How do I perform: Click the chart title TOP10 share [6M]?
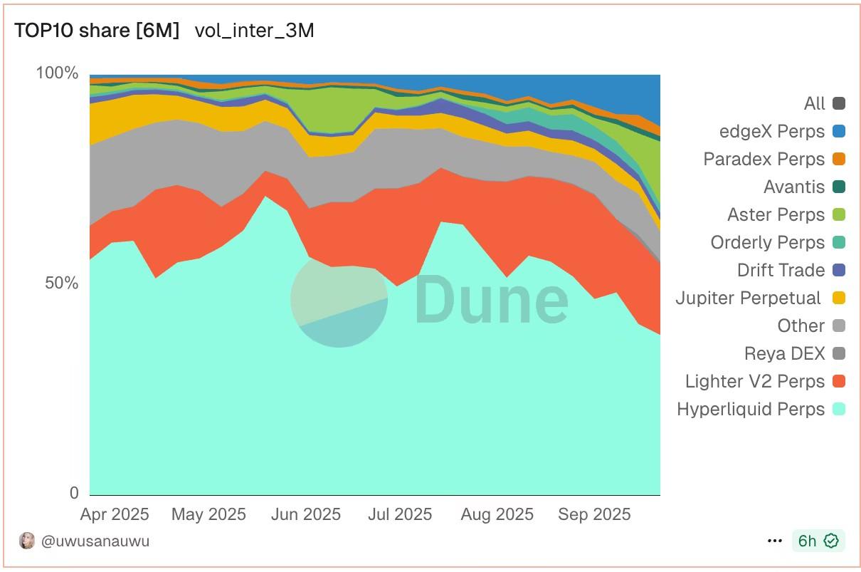(x=97, y=31)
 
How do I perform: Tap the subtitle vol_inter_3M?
(x=254, y=31)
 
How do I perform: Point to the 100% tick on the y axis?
(x=57, y=73)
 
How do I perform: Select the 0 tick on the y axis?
(x=73, y=493)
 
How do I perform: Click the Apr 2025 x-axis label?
(x=115, y=514)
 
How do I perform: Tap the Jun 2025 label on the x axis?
(x=306, y=514)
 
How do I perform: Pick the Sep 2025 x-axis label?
(x=594, y=514)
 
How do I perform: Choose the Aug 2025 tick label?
(x=497, y=514)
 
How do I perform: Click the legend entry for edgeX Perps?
(x=772, y=132)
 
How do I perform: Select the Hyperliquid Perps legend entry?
(x=751, y=410)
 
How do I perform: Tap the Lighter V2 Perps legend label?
(x=755, y=382)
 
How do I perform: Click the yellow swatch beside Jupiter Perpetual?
(x=839, y=298)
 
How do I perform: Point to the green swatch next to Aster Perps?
(x=839, y=215)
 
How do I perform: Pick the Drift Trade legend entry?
(x=781, y=271)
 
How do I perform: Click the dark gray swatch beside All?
(x=839, y=104)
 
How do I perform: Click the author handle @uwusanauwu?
(x=95, y=541)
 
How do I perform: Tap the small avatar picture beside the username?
(x=27, y=541)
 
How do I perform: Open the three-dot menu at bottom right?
(x=775, y=541)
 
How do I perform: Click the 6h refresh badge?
(x=818, y=541)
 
